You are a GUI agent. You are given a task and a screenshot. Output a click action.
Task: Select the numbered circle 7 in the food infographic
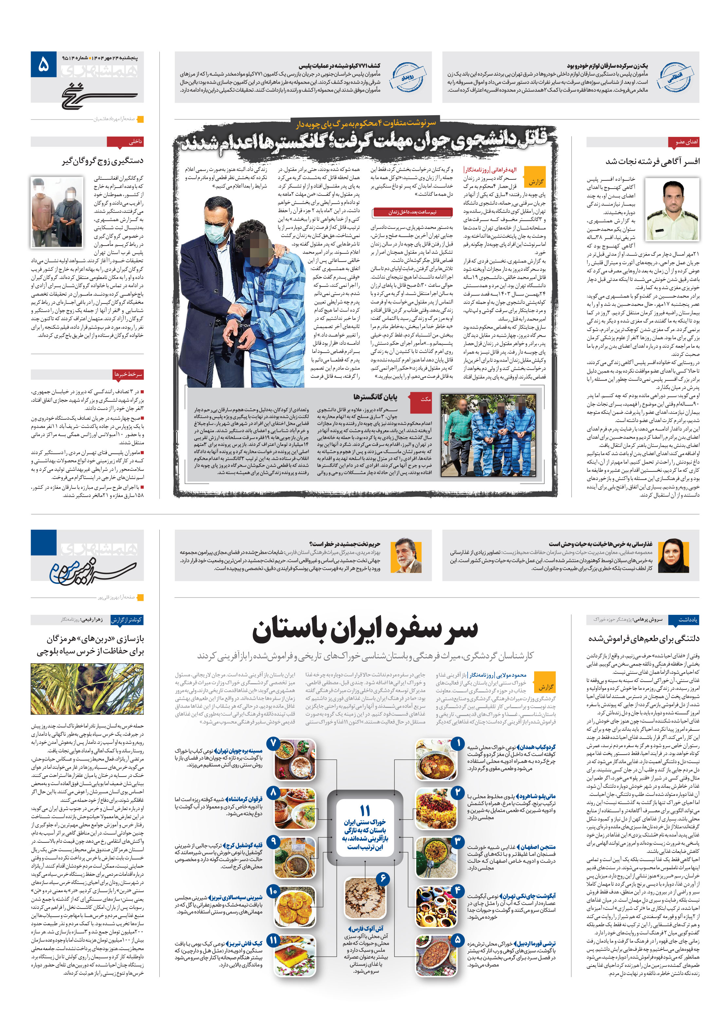(273, 743)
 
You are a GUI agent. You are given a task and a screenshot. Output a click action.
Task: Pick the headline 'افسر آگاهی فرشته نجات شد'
(652, 161)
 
